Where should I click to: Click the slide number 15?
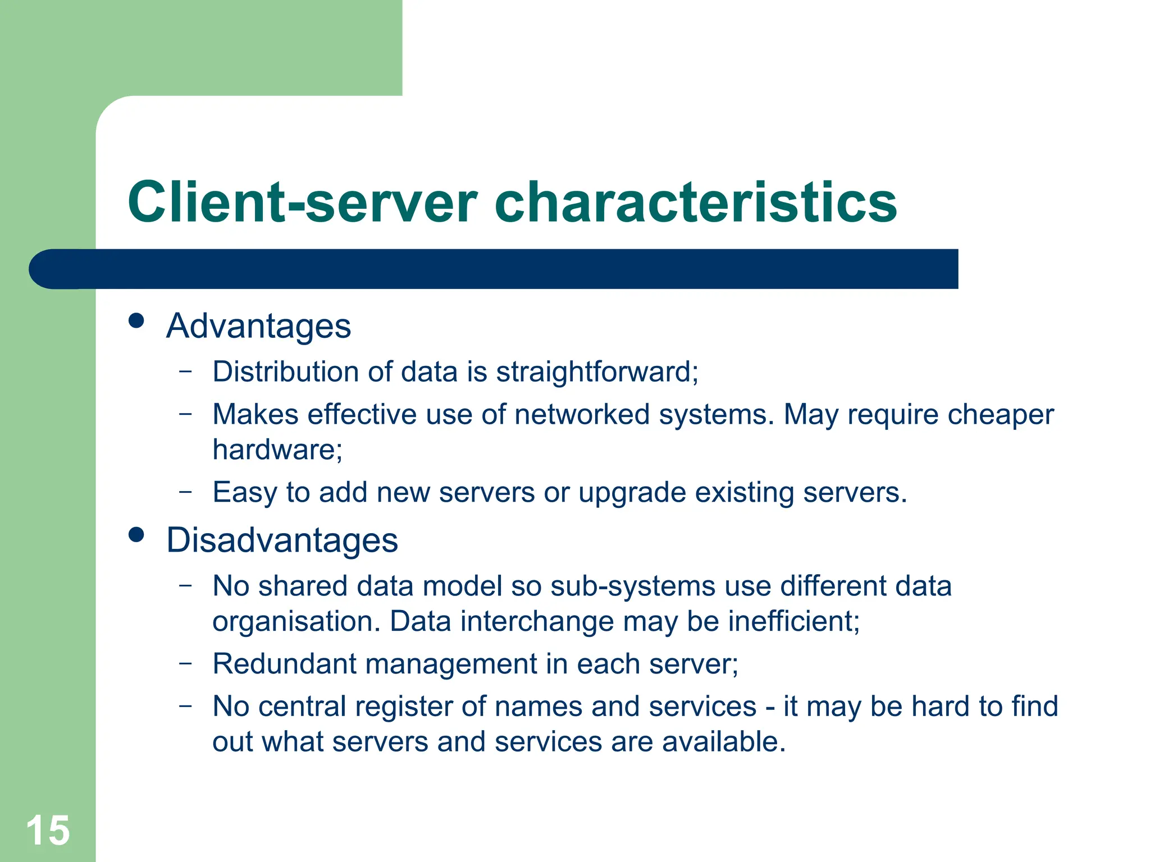tap(48, 831)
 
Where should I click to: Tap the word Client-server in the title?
tap(302, 203)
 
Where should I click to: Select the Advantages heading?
tap(258, 326)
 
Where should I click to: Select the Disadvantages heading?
tap(282, 540)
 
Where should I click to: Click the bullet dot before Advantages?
tap(136, 321)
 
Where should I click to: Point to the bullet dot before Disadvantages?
tap(136, 535)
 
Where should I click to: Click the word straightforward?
tap(596, 372)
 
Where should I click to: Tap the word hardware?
tap(276, 450)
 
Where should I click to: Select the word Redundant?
tap(284, 664)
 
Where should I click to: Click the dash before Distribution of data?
tap(185, 371)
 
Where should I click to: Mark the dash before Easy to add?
tap(185, 492)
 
